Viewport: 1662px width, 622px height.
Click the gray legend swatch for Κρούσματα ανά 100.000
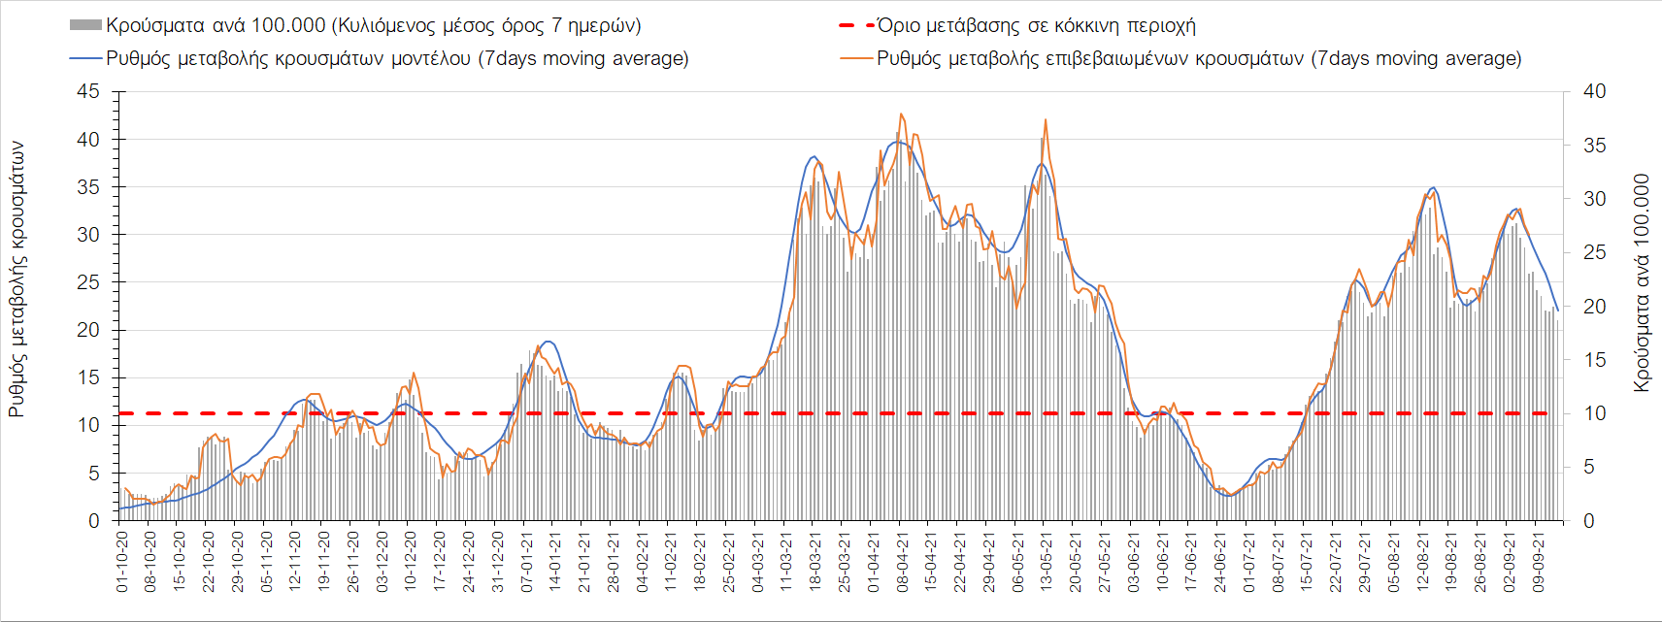85,25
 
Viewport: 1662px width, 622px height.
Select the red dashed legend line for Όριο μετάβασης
856,25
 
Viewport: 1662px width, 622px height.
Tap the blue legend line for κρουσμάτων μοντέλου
85,58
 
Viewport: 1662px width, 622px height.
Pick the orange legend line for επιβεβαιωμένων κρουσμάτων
856,58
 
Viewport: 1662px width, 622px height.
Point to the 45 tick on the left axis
88,91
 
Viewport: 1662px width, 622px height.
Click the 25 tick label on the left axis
88,282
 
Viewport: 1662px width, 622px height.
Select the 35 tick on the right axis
1594,146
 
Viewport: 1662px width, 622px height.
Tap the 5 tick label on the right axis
1589,468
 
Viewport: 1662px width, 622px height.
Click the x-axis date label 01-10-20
122,561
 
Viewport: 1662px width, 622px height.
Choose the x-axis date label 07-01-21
526,561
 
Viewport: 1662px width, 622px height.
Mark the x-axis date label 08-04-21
902,561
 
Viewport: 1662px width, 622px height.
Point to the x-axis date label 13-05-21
1047,561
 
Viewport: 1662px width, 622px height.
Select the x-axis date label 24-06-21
1220,561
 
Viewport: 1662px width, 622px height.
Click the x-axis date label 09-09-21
1538,561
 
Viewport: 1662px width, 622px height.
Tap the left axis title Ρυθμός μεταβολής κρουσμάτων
17,279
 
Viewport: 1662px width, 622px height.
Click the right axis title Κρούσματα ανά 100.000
1641,282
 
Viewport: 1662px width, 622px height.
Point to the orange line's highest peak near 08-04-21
901,114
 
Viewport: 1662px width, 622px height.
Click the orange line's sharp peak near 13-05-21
1046,119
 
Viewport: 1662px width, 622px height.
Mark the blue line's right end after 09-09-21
1557,311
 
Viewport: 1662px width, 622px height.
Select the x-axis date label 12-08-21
1422,561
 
